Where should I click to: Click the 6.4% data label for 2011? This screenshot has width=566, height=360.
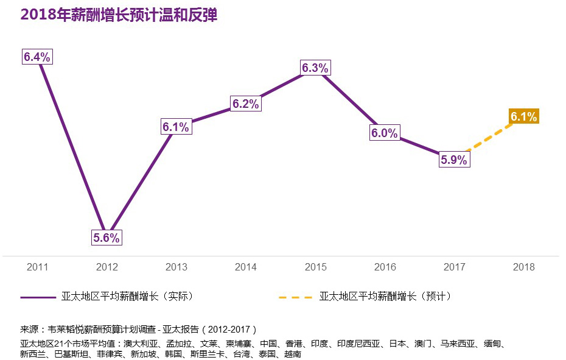37,57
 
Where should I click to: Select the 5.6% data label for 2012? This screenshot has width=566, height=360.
107,238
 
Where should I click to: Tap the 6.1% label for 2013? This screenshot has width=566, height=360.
176,127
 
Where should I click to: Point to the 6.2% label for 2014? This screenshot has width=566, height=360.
246,104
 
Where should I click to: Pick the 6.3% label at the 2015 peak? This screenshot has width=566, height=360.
315,68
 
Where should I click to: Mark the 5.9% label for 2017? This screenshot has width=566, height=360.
454,160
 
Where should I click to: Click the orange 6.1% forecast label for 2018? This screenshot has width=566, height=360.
524,117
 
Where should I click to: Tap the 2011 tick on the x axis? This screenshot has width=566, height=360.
37,267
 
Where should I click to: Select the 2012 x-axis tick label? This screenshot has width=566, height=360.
107,267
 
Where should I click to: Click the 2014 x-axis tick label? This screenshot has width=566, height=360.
246,267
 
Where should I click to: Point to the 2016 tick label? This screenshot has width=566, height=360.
385,267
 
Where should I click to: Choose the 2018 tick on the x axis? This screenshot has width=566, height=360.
524,267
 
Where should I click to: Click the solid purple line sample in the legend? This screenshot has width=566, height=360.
38,297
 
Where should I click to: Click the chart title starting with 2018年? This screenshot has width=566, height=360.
119,15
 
